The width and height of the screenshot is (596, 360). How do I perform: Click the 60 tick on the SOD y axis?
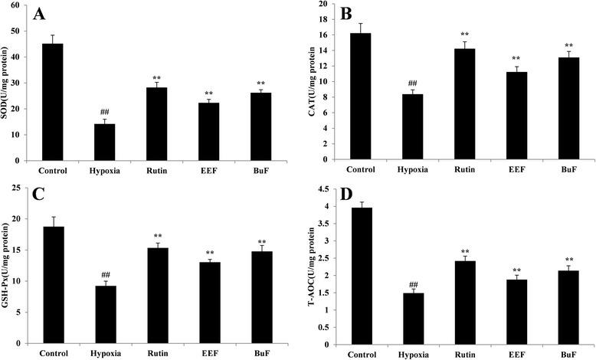coord(25,5)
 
